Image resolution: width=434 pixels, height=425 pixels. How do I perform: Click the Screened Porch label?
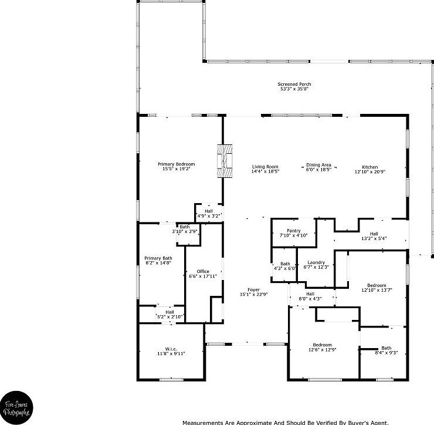pos(293,86)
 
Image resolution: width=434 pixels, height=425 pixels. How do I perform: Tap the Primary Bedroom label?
pos(176,166)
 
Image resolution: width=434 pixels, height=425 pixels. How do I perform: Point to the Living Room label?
pos(265,169)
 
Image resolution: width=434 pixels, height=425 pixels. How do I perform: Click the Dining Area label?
pos(318,167)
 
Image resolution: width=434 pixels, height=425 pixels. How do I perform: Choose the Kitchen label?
pos(369,170)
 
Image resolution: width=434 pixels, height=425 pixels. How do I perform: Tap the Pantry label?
pos(293,232)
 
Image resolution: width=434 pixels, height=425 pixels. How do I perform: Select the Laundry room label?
pos(316,264)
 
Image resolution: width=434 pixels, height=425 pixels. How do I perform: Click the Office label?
pos(203,274)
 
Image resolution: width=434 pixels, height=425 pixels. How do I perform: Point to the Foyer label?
pos(253,292)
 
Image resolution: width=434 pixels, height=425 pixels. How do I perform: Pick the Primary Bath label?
pos(158,261)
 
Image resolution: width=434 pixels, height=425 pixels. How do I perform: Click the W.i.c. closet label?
pos(171,351)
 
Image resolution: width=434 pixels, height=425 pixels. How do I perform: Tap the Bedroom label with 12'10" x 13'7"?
pos(375,288)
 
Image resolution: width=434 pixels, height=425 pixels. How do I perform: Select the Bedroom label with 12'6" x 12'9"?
pos(322,348)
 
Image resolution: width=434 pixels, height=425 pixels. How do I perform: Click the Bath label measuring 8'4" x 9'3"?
pos(386,350)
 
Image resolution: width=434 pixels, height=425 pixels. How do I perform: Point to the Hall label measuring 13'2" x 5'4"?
pos(374,236)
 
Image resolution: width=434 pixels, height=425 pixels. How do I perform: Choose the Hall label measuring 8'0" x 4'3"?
pos(310,296)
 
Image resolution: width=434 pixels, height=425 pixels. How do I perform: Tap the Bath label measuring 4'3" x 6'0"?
pos(285,266)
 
